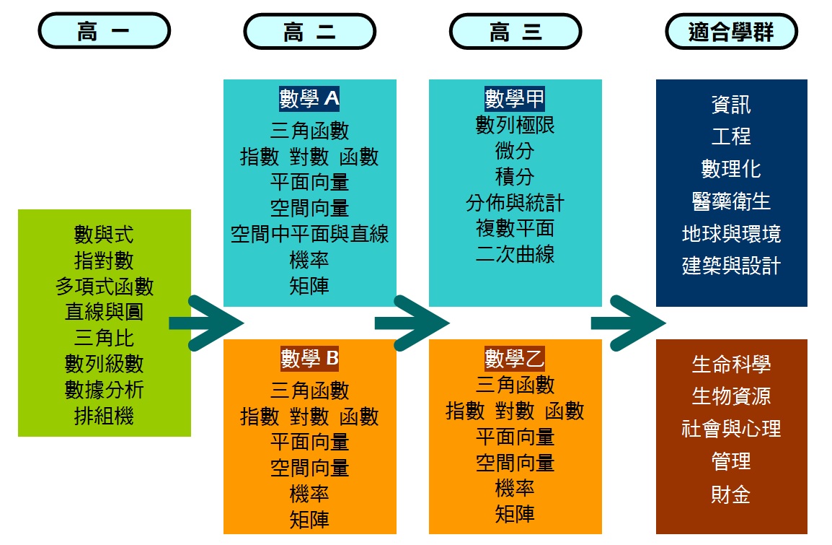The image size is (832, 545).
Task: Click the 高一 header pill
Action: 104,32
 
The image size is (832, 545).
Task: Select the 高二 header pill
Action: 310,32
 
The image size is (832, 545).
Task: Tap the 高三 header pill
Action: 515,32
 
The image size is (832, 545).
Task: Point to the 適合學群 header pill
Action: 731,32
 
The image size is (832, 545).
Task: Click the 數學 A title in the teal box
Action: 310,99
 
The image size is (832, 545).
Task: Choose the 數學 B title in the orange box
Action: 310,358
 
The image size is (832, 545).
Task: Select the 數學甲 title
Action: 515,99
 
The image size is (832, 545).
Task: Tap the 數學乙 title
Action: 515,358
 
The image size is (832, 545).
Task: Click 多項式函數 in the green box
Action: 105,287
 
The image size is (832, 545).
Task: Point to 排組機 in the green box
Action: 105,417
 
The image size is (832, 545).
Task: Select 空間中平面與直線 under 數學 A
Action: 310,235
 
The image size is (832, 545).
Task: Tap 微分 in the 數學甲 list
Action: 515,151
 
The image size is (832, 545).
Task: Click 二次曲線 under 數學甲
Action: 515,255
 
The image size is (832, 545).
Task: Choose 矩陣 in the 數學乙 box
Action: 515,515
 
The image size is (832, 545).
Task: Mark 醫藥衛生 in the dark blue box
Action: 731,201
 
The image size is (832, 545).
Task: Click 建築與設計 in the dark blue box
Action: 731,266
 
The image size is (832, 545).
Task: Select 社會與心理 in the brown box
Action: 731,430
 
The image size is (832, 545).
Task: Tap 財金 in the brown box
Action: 731,494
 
